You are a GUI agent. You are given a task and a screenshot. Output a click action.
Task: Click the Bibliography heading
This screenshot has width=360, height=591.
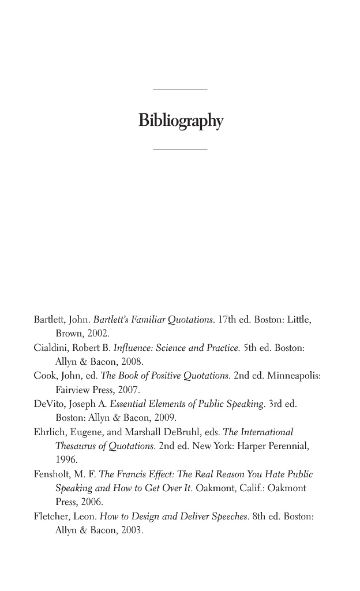pyautogui.click(x=181, y=121)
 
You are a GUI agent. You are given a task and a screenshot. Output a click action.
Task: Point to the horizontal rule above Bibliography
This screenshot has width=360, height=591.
pyautogui.click(x=180, y=89)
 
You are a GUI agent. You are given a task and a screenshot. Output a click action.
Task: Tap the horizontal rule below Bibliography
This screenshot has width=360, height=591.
pyautogui.click(x=180, y=149)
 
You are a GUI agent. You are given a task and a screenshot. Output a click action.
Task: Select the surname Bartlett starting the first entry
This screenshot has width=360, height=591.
pyautogui.click(x=48, y=320)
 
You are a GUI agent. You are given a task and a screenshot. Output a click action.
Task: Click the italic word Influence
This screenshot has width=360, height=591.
pyautogui.click(x=132, y=348)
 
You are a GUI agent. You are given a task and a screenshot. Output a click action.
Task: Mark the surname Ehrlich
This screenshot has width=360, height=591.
pyautogui.click(x=48, y=432)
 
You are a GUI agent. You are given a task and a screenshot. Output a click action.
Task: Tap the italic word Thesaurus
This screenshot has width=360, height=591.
pyautogui.click(x=77, y=446)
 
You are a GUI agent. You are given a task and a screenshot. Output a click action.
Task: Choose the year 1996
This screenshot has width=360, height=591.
pyautogui.click(x=66, y=460)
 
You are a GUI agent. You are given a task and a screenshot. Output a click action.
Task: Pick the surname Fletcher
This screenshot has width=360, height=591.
pyautogui.click(x=50, y=517)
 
